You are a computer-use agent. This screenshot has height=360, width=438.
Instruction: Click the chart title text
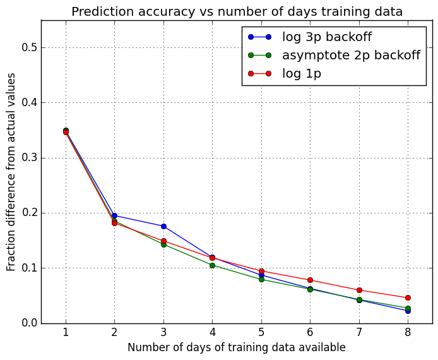point(237,11)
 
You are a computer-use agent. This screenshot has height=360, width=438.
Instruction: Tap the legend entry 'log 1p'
point(301,74)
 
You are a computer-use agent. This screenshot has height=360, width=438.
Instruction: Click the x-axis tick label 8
point(408,333)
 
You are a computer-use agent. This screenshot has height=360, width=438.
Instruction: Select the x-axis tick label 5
point(261,333)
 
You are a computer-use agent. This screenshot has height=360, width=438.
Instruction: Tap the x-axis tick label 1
point(66,333)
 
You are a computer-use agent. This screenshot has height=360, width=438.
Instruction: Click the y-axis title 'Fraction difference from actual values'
point(11,172)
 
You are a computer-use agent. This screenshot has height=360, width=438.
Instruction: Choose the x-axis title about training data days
point(237,348)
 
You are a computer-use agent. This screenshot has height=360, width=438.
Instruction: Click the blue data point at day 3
point(163,226)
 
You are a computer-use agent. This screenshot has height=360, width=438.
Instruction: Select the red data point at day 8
point(408,297)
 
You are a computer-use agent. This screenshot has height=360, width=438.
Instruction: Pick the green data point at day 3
point(163,244)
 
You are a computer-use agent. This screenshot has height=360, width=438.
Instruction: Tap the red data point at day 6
point(310,280)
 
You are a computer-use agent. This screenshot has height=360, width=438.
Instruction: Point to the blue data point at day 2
point(114,215)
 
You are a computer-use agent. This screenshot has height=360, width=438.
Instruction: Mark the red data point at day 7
point(359,290)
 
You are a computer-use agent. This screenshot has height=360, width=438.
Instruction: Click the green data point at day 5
point(261,279)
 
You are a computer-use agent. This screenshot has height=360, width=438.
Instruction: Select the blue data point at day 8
point(408,311)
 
